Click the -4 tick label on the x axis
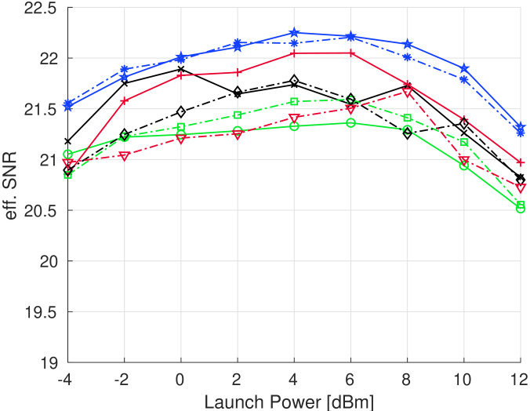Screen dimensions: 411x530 [x=67, y=379]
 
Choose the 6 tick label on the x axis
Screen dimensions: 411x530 [x=350, y=379]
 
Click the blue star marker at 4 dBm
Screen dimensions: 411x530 [x=294, y=33]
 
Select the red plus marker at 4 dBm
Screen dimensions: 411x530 [x=294, y=53]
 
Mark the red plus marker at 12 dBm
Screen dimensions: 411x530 [x=521, y=162]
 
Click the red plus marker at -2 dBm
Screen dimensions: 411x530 [x=124, y=100]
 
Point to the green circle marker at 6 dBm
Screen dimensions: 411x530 [x=350, y=122]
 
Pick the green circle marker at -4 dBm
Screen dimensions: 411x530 [x=67, y=155]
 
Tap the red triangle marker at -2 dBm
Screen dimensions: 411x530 [x=124, y=156]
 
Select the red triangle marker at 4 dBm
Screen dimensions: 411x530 [x=294, y=118]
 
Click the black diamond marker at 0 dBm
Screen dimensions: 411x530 [x=180, y=112]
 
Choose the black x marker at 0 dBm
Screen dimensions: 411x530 [x=180, y=69]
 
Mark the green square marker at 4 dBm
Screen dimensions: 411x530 [x=294, y=101]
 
